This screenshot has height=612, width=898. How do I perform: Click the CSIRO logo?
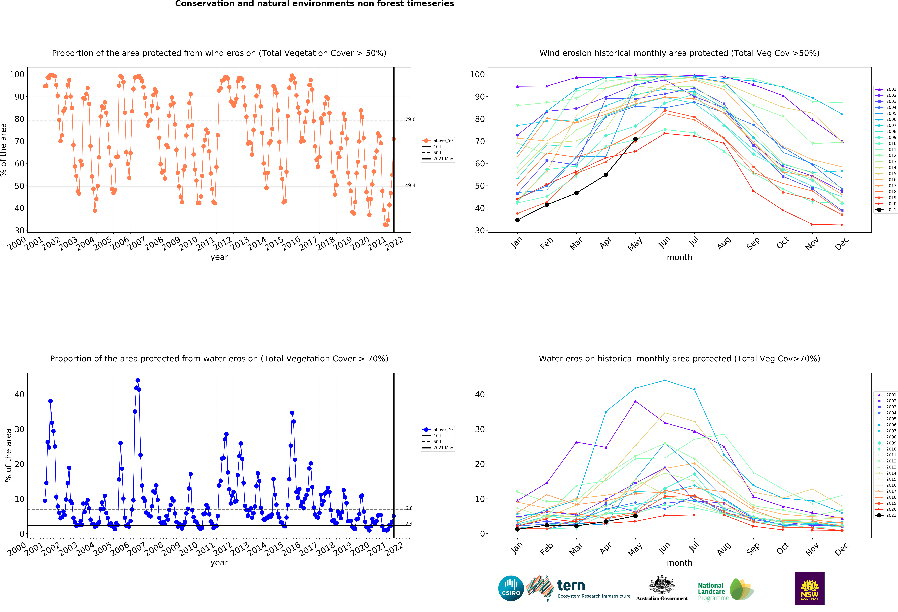click(x=511, y=588)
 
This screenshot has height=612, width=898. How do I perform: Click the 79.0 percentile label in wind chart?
click(x=410, y=119)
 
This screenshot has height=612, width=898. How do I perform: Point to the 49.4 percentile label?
click(x=410, y=185)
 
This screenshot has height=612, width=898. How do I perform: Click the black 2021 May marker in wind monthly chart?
click(x=635, y=139)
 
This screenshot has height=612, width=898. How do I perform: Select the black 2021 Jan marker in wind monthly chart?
click(x=517, y=220)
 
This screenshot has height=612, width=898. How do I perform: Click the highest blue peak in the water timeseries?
click(x=138, y=381)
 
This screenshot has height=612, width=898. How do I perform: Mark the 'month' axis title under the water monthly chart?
click(x=679, y=563)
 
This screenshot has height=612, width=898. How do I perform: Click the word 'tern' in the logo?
click(x=571, y=586)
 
